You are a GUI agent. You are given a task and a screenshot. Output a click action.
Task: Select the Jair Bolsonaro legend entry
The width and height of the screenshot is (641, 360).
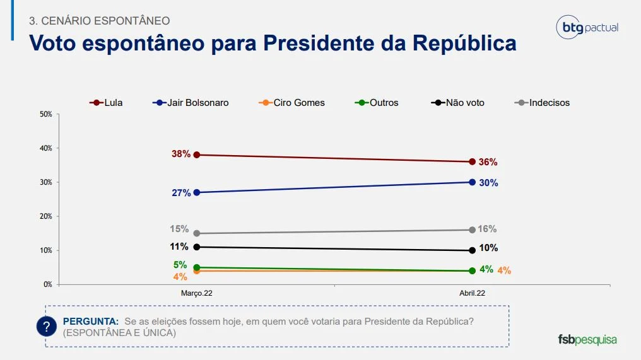point(191,102)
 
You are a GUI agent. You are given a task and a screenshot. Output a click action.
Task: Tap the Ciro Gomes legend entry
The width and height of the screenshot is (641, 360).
point(291,102)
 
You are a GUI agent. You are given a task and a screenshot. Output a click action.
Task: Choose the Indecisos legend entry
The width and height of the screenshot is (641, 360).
point(543,102)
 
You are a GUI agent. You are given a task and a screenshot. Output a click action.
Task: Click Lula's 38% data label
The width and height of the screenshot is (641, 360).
point(180,154)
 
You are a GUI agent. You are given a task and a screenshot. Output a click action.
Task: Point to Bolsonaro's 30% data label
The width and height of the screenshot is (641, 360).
point(488,183)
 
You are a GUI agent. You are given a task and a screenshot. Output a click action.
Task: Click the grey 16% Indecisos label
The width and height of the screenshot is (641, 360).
point(487,229)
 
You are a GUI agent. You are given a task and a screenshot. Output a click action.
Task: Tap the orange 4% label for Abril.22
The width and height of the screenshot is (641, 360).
point(503,270)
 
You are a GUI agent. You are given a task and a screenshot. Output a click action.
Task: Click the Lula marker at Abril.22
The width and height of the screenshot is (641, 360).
point(472,161)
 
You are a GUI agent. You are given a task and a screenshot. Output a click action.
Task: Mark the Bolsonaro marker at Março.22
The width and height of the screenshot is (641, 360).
point(197,192)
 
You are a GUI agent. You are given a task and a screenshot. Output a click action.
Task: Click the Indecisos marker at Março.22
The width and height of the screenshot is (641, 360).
point(197,233)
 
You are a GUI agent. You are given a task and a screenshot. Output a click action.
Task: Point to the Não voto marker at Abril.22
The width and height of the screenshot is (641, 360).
point(472,250)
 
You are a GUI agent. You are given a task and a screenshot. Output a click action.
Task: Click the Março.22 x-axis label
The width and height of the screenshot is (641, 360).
point(197,293)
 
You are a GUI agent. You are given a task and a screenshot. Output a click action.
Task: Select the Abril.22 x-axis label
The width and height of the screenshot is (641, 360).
point(472,293)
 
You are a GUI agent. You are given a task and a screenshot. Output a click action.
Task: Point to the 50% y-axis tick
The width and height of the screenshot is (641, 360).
point(45,114)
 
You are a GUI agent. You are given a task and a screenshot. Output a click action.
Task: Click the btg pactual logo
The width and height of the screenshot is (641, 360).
point(587,28)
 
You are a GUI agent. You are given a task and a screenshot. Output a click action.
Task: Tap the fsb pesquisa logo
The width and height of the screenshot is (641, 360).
point(587,339)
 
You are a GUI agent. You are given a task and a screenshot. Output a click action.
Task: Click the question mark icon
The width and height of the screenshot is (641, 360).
point(46,327)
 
